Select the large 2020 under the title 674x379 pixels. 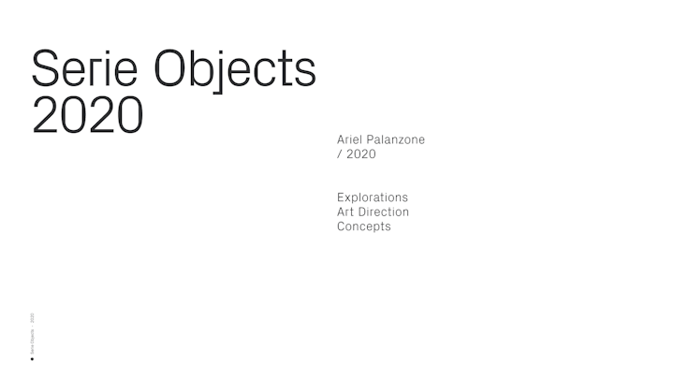(x=87, y=114)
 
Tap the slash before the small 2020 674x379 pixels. (x=339, y=153)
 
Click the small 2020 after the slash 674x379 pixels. (x=361, y=153)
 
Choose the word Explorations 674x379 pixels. (x=373, y=197)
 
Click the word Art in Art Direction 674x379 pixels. (x=346, y=211)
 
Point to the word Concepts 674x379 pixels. (x=364, y=226)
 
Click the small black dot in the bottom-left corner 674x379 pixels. (x=33, y=357)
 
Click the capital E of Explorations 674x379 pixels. (x=341, y=197)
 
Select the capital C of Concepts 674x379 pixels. (x=342, y=226)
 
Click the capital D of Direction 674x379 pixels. (x=365, y=211)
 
